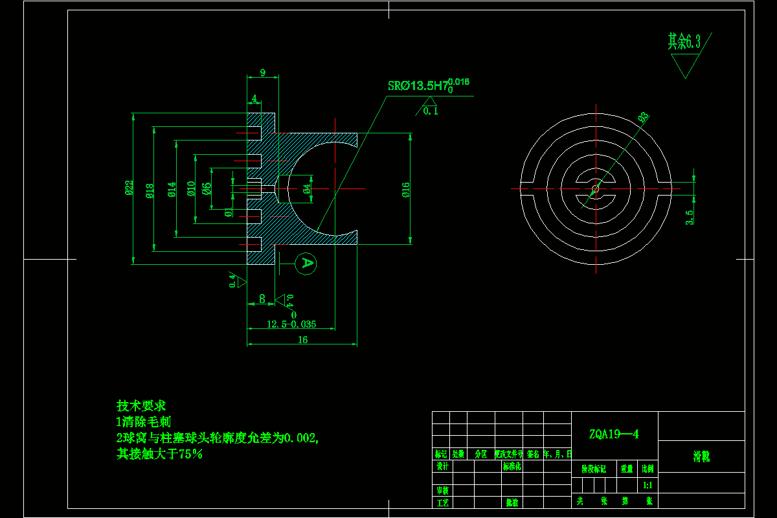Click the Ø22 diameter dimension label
[129, 188]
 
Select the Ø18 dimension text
[150, 190]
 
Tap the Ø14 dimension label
[172, 189]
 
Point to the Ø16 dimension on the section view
[405, 189]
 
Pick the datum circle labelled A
[307, 263]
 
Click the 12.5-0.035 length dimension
[291, 324]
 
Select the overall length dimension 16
[302, 340]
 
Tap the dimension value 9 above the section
[263, 73]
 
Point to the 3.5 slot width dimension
[690, 217]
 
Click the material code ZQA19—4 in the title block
[614, 434]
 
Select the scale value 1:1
[647, 484]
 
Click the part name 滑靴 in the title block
[701, 456]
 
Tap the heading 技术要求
[141, 406]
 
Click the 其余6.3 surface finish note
[684, 42]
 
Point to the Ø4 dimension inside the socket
[306, 188]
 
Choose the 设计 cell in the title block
[442, 466]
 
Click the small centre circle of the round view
[595, 188]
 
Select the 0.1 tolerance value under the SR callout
[431, 111]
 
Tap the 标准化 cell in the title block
[512, 466]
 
